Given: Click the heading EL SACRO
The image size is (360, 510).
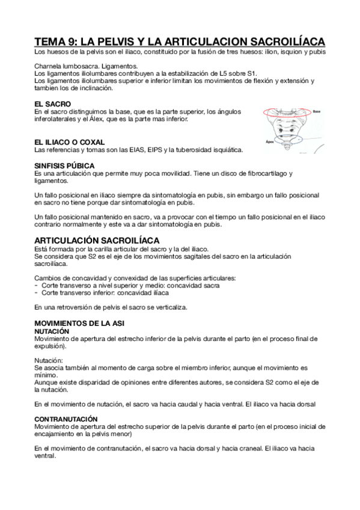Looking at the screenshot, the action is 53,104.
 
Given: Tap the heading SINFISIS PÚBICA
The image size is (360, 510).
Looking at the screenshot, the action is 64,165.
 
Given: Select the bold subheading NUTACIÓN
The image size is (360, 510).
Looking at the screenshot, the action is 52,331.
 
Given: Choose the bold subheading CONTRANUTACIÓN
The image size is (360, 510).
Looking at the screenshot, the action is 66,419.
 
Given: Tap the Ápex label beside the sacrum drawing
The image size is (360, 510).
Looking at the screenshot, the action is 270,143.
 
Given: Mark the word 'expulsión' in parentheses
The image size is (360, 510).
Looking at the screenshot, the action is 50,346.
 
